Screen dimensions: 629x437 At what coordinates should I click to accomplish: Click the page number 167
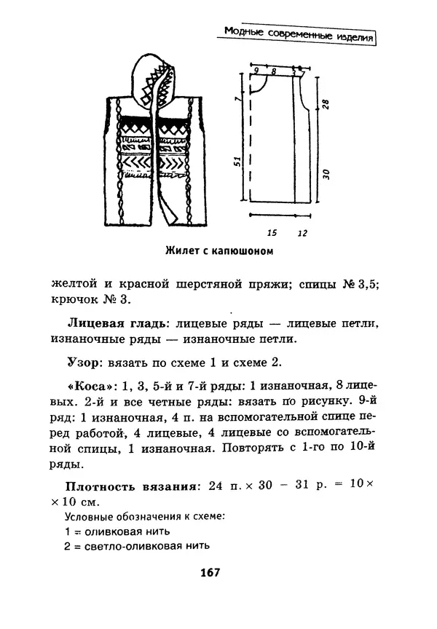click(x=209, y=572)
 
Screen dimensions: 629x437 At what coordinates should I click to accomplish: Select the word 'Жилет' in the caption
click(x=181, y=252)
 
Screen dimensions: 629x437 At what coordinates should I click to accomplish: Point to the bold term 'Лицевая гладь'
click(x=109, y=322)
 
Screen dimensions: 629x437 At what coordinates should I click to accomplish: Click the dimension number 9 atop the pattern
click(x=256, y=71)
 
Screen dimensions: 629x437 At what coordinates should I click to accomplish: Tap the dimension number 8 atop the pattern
click(x=273, y=71)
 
